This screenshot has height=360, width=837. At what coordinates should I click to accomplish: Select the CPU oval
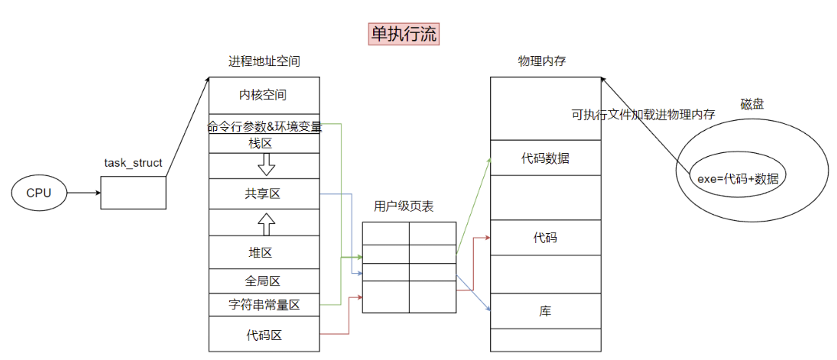point(38,193)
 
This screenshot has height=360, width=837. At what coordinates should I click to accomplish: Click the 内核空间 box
point(263,96)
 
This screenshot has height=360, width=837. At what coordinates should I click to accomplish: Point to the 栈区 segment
point(263,143)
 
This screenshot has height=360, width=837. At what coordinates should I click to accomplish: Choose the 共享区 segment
point(263,193)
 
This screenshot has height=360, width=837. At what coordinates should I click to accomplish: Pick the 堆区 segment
point(263,252)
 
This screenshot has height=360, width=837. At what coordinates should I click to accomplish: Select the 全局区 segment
point(263,281)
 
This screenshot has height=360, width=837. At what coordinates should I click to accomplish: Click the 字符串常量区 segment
point(263,305)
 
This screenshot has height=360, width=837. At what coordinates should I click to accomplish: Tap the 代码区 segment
point(263,335)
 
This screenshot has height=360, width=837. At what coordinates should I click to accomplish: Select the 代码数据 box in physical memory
point(545,158)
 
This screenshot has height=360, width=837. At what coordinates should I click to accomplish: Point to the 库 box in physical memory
point(545,312)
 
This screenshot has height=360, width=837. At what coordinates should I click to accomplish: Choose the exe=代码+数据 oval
point(737,178)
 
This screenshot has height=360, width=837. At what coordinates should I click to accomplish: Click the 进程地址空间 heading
point(263,61)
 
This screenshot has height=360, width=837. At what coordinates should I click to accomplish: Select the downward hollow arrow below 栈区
point(266,164)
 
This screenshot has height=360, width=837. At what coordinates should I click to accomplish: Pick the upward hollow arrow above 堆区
point(266,223)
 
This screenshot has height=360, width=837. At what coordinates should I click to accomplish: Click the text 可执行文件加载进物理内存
point(643,114)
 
